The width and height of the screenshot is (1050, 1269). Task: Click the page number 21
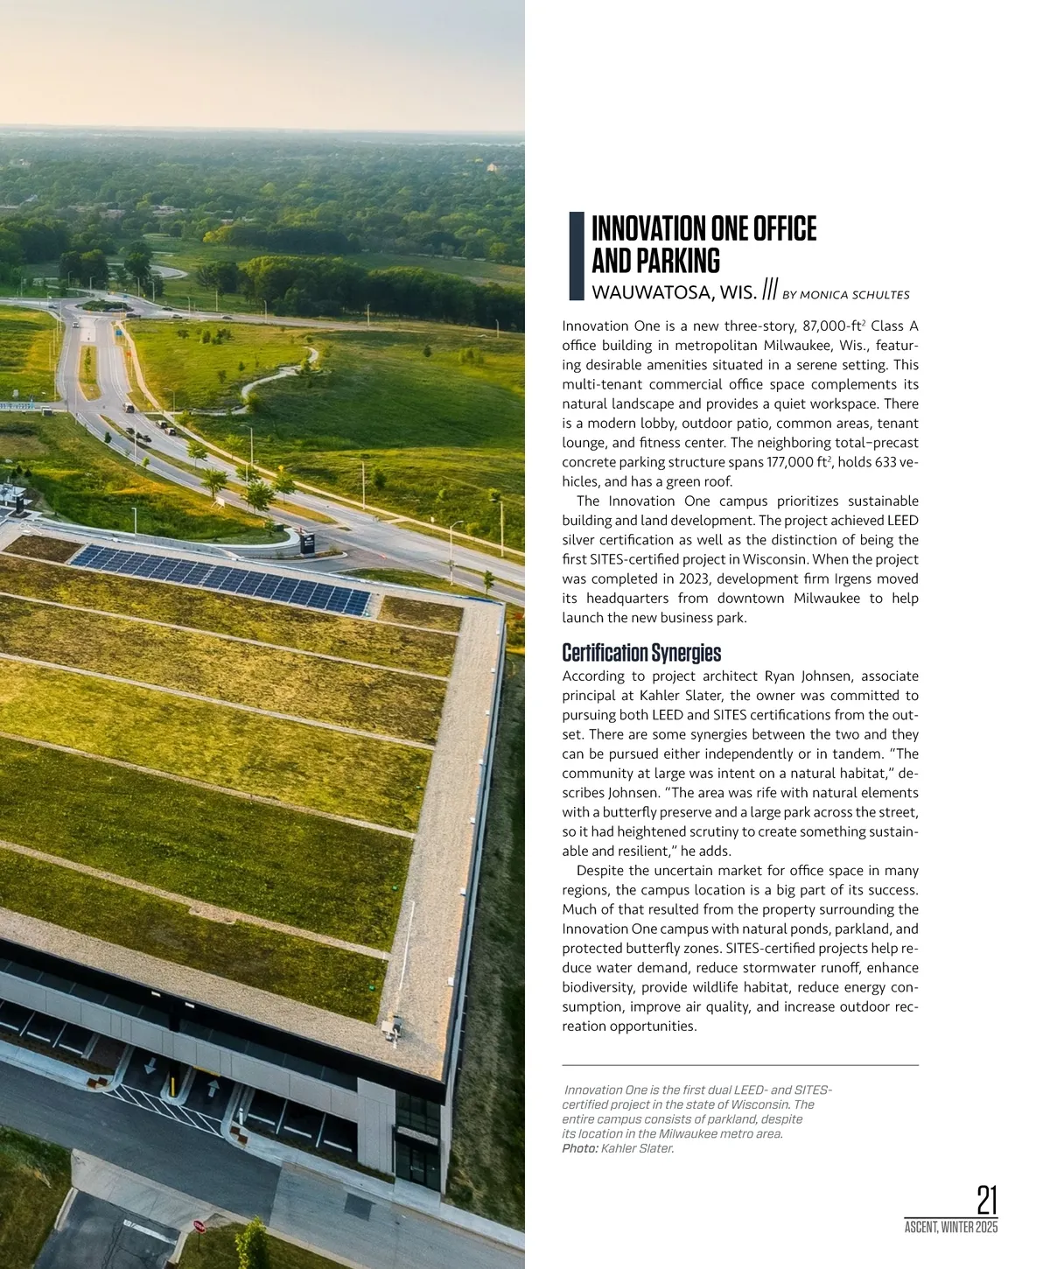[x=986, y=1200]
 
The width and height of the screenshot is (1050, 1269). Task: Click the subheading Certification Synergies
[x=641, y=653]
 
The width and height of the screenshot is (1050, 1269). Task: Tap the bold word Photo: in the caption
[x=580, y=1148]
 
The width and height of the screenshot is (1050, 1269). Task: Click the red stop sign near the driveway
[x=199, y=1225]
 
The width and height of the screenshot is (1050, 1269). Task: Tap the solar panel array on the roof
[x=223, y=578]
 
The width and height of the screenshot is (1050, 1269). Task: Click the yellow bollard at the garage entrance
[x=173, y=1086]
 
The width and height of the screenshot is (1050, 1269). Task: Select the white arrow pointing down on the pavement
[x=150, y=1065]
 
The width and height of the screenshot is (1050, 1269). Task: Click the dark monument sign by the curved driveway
[x=309, y=543]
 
